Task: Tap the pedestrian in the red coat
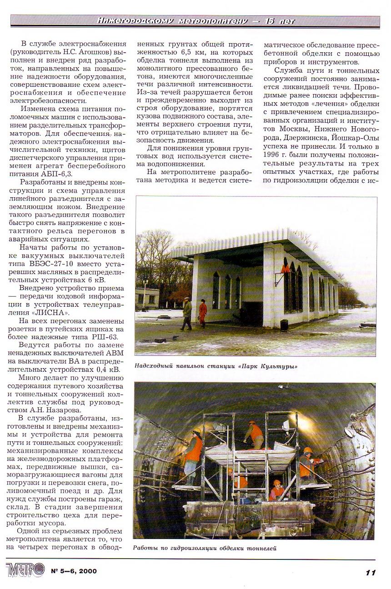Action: point(203,313)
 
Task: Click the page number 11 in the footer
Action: point(371,572)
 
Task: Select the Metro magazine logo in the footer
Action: point(26,570)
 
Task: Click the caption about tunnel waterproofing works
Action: point(205,548)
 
